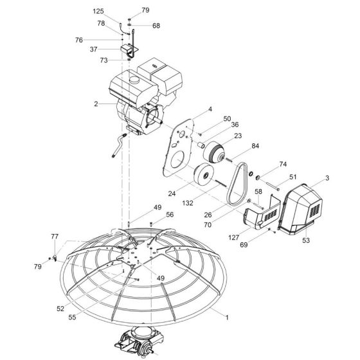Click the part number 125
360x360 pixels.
point(98,12)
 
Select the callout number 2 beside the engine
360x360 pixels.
point(96,103)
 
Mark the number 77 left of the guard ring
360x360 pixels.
point(55,237)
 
